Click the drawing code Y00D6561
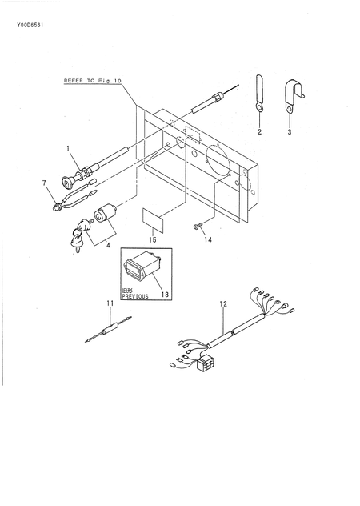(30, 25)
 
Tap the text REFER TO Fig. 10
(92, 81)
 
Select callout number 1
(68, 148)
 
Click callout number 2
(259, 131)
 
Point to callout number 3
(290, 131)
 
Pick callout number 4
(108, 245)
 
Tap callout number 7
(45, 183)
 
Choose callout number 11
(110, 303)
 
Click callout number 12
(223, 303)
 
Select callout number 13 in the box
(165, 295)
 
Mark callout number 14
(208, 239)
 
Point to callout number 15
(153, 239)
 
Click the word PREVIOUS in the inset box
(135, 296)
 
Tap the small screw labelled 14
(197, 227)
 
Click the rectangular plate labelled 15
(153, 220)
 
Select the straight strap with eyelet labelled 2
(259, 93)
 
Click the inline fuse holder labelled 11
(108, 330)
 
